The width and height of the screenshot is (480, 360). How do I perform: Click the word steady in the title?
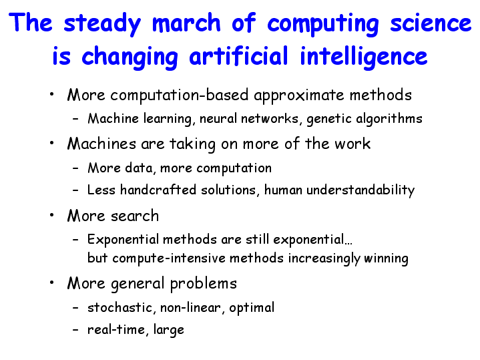[x=102, y=24]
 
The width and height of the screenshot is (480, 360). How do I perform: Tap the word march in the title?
[x=186, y=22]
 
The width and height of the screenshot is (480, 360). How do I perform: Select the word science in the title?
[x=431, y=23]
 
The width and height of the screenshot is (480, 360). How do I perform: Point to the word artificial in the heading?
[x=239, y=55]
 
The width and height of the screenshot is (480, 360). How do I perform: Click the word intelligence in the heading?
[x=364, y=58]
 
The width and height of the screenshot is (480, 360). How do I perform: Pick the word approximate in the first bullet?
[x=299, y=96]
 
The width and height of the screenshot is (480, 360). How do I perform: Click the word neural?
[x=218, y=118]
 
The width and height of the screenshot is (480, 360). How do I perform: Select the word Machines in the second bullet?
[x=101, y=144]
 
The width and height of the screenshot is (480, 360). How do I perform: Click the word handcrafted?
[x=158, y=189]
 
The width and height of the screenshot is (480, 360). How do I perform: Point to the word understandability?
[x=361, y=190]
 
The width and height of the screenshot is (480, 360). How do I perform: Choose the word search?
[x=135, y=216]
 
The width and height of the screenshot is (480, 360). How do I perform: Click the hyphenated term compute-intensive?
[x=169, y=258]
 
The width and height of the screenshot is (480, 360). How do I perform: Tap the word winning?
[x=386, y=258]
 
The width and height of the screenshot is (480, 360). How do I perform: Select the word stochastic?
[x=119, y=307]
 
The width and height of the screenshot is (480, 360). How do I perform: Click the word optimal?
[x=252, y=308]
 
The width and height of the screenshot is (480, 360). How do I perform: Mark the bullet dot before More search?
[x=51, y=215]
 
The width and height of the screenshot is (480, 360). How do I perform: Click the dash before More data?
[x=75, y=168]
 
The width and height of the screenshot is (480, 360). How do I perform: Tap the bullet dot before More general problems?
[x=51, y=282]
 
